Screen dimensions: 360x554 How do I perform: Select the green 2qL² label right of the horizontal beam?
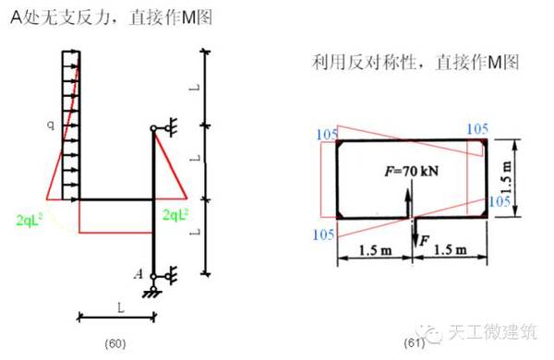tap(175, 215)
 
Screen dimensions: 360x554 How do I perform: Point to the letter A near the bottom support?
tap(138, 274)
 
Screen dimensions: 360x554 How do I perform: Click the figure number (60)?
tap(114, 344)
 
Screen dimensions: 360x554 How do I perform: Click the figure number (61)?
tap(413, 344)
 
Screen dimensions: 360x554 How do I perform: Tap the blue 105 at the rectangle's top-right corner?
tap(478, 128)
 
